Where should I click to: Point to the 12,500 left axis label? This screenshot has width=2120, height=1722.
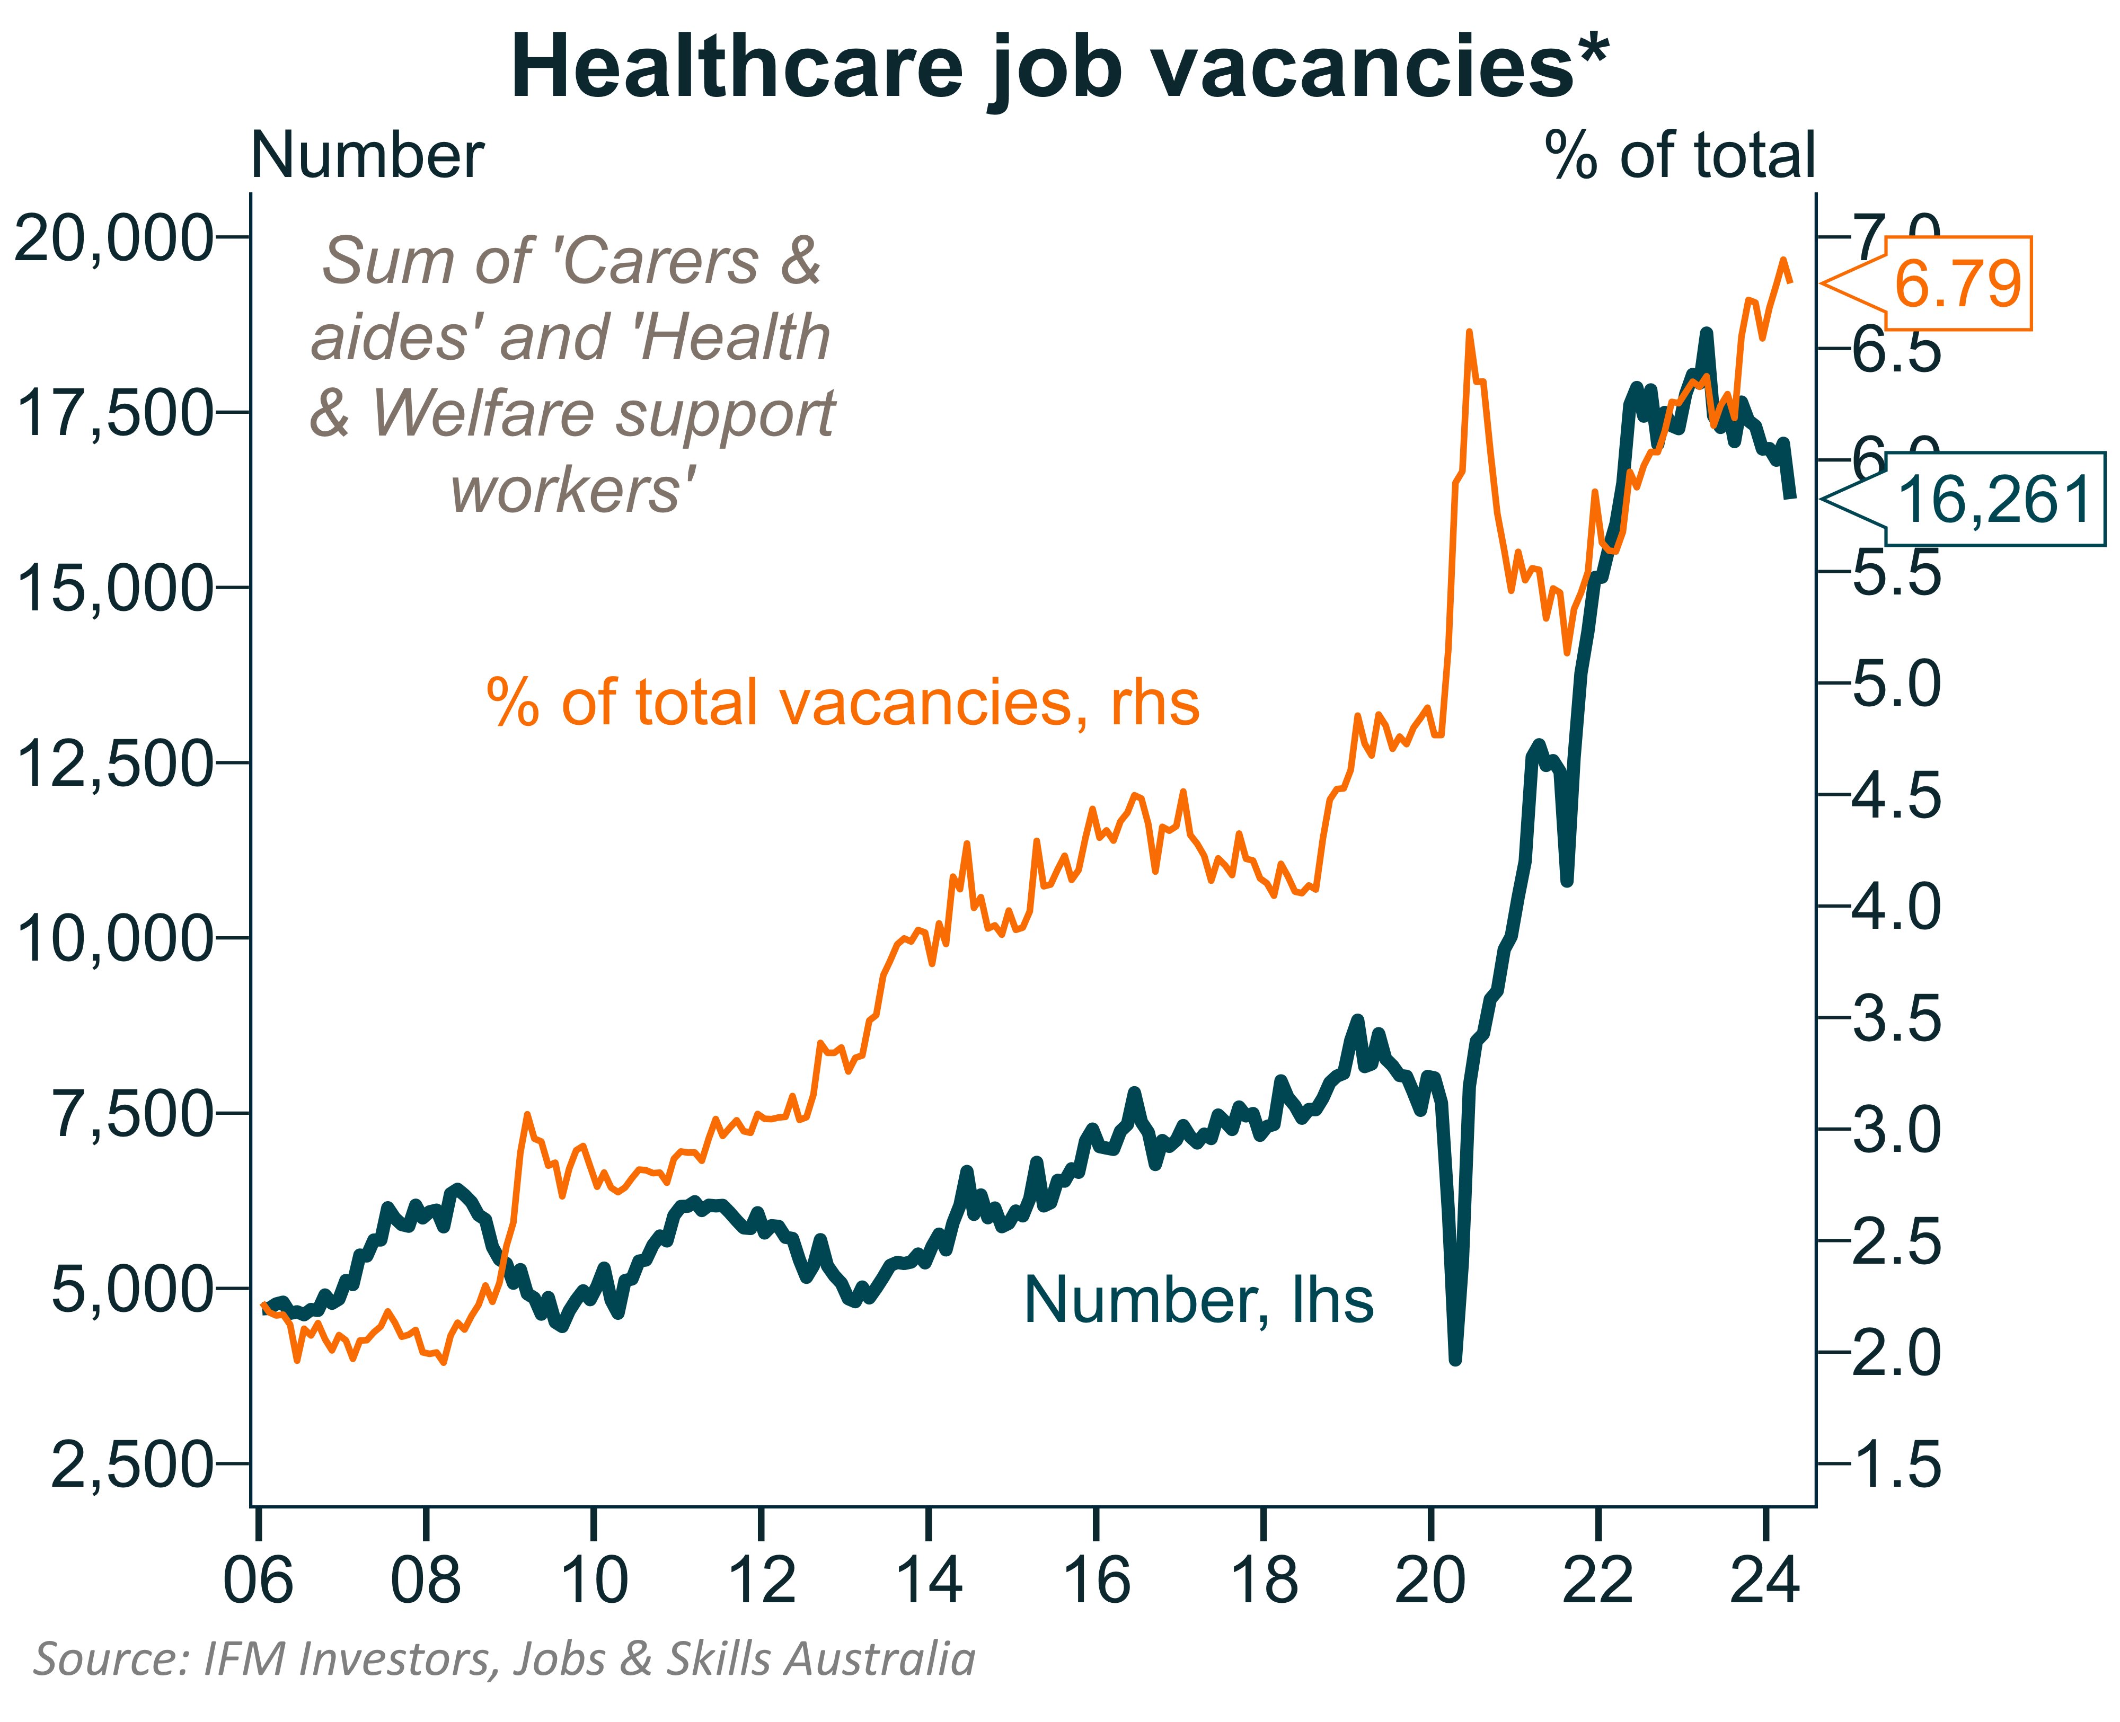114,764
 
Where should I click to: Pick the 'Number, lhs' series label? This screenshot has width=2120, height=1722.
1197,1300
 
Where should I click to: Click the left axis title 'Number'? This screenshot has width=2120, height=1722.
367,156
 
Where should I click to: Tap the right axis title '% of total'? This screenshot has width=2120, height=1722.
1679,156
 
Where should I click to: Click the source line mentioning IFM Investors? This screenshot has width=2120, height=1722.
504,1658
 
